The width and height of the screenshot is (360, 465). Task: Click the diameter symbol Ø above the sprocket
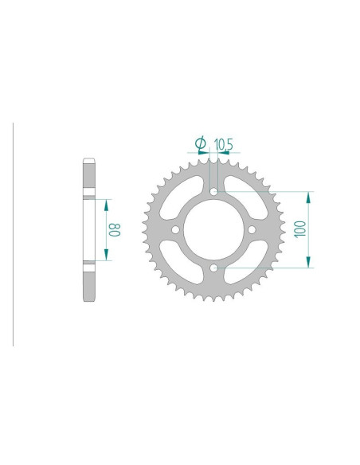coord(201,143)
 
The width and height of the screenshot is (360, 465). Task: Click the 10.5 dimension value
coord(223,143)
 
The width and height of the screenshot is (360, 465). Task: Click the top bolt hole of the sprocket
coord(213,191)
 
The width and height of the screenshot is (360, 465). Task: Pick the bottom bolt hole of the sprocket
coord(213,268)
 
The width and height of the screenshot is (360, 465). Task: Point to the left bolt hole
coord(174,230)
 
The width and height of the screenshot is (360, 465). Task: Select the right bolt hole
coord(252,230)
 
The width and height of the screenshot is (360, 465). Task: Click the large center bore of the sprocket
coord(213,230)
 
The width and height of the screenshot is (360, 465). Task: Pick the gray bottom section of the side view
coord(89,279)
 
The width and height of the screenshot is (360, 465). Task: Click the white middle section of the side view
coord(89,229)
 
